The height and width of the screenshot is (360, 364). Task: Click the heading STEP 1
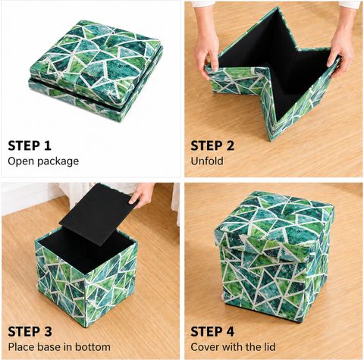[30, 146]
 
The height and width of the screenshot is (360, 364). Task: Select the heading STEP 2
[212, 146]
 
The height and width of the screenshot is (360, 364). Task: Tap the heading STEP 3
[30, 331]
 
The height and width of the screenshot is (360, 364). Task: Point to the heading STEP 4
[212, 331]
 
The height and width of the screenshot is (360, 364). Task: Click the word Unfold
[207, 161]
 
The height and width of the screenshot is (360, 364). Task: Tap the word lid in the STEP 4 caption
[268, 347]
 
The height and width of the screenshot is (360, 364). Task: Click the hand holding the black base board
[142, 195]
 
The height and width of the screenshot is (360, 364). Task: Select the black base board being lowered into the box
[98, 214]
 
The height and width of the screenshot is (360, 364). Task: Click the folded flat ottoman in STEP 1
[96, 70]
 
